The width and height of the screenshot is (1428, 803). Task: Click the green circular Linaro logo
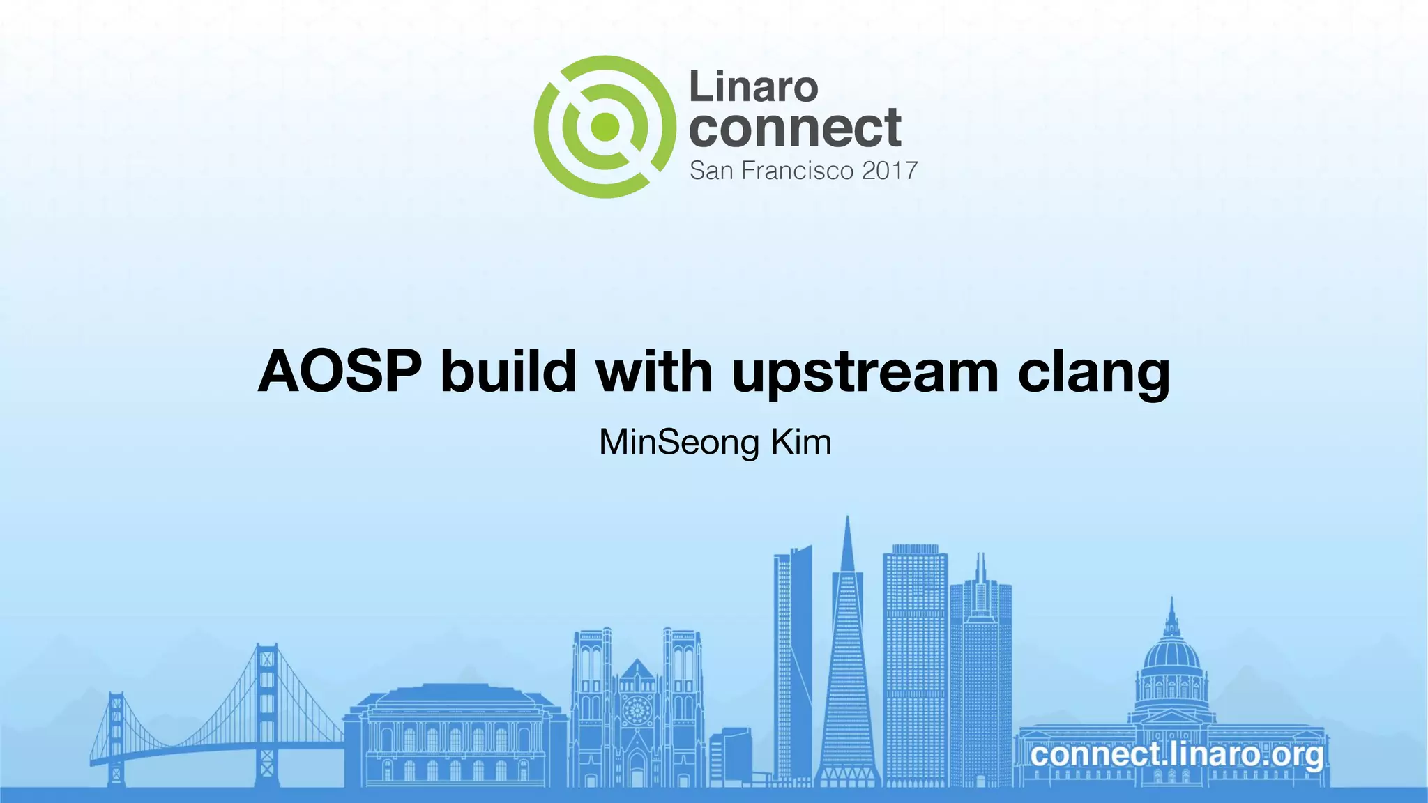[605, 127]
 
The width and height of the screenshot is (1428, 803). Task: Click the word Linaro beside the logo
[753, 87]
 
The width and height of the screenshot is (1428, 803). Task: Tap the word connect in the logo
[795, 128]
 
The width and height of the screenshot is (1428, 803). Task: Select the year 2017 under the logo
[889, 171]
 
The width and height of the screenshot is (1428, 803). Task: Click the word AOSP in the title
[340, 372]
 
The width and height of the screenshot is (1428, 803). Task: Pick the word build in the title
[508, 372]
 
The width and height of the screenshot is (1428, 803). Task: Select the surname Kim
[801, 443]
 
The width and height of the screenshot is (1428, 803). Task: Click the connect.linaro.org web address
[1176, 754]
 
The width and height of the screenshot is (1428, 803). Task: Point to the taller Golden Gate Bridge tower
[266, 711]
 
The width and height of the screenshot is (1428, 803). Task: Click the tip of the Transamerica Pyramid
[847, 519]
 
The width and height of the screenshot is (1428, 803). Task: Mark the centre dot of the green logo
[605, 127]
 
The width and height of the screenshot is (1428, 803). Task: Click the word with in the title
[654, 372]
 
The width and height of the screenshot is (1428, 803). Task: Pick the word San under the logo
[711, 171]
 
